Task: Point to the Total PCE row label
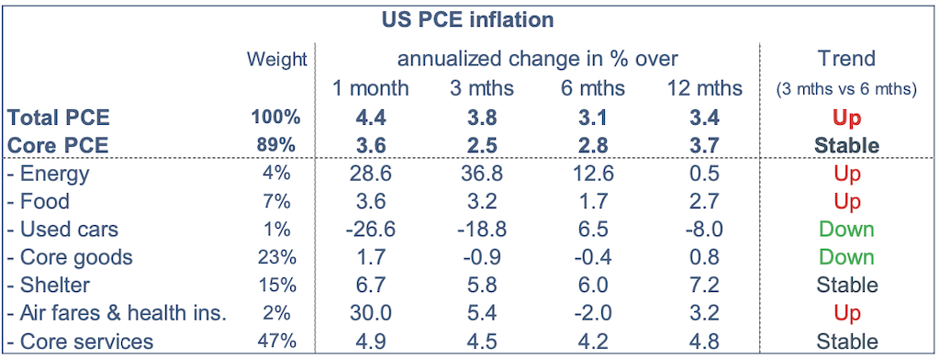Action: click(59, 118)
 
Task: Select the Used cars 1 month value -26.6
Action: click(370, 229)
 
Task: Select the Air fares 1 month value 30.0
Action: click(370, 312)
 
